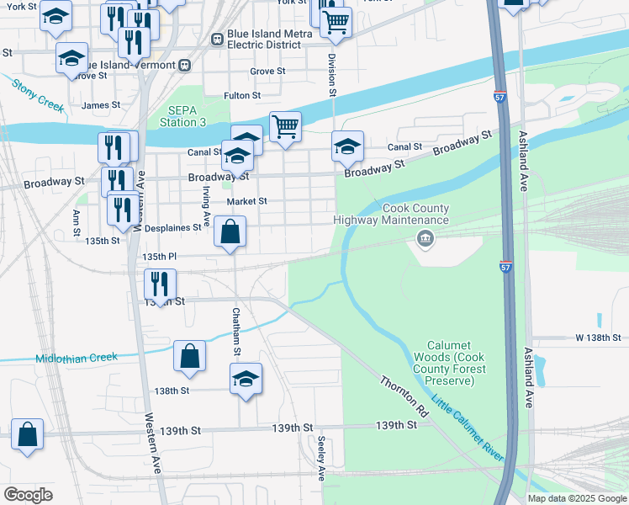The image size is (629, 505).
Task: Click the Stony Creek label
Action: coord(38,95)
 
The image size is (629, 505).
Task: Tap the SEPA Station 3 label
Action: coord(187,116)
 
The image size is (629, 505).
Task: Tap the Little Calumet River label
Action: coord(468,428)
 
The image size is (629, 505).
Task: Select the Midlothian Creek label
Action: coord(77,358)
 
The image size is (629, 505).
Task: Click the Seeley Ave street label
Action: coord(320,459)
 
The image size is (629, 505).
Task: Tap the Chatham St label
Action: coord(237,331)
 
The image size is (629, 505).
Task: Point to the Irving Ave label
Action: coord(205,202)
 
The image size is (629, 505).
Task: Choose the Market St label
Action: coord(246,201)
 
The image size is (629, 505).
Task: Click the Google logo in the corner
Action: coord(28,494)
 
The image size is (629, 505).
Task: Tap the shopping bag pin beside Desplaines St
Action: coord(230,231)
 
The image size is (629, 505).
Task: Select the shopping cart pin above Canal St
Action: coord(285,127)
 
